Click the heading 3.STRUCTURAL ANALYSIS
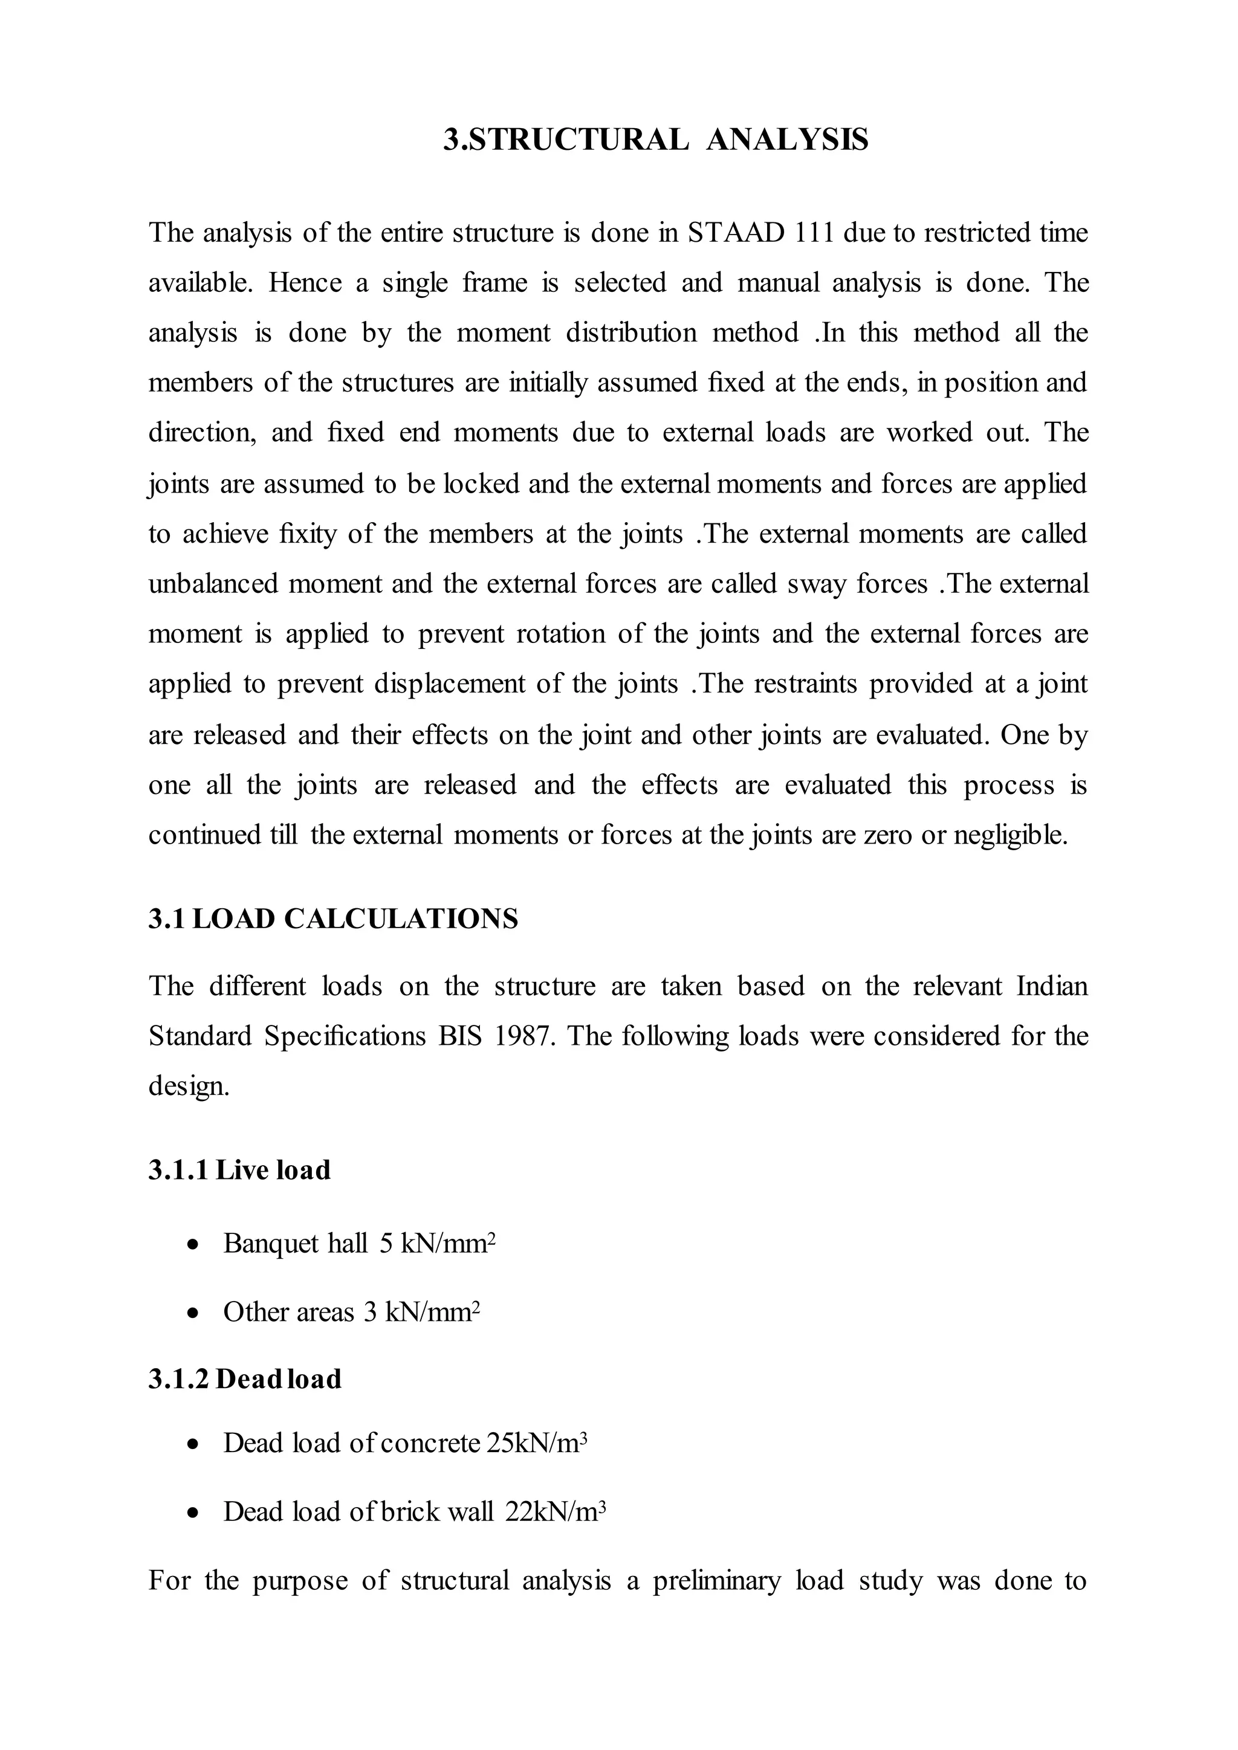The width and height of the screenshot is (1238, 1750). click(656, 140)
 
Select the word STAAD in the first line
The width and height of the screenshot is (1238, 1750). click(736, 233)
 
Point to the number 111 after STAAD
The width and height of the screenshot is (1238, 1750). click(814, 233)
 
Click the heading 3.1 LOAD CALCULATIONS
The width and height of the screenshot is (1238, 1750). click(333, 919)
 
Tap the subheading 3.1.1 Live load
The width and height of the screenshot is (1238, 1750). click(239, 1170)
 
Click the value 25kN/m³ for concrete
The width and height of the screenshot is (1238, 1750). click(537, 1444)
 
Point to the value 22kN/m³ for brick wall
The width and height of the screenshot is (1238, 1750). click(556, 1511)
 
